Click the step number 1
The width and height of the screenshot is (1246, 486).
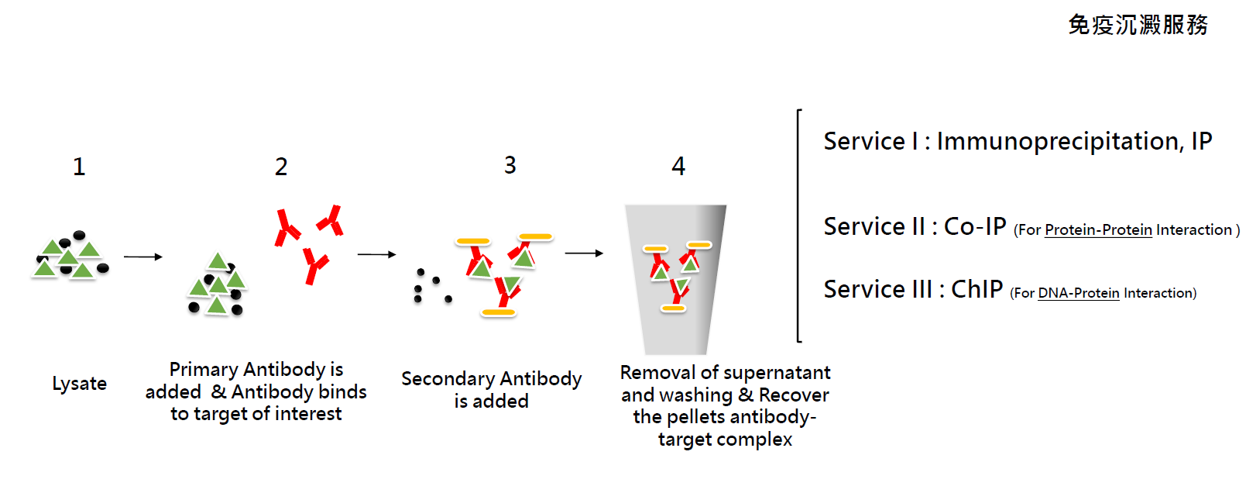pyautogui.click(x=79, y=167)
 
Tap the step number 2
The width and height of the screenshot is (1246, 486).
pyautogui.click(x=281, y=167)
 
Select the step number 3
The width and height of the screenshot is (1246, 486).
pyautogui.click(x=510, y=165)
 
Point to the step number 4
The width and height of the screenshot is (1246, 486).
pyautogui.click(x=678, y=166)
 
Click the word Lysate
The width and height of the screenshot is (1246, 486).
pyautogui.click(x=79, y=384)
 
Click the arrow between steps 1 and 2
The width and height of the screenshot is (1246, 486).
pyautogui.click(x=143, y=257)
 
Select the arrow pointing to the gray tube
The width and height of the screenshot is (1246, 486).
pyautogui.click(x=584, y=253)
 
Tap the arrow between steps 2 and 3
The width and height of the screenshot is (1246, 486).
pyautogui.click(x=376, y=254)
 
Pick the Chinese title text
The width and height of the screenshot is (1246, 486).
pyautogui.click(x=1138, y=26)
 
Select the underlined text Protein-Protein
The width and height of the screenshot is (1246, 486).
pyautogui.click(x=1099, y=230)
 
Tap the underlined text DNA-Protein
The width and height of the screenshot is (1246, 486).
pyautogui.click(x=1079, y=293)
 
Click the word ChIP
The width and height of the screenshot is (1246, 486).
pyautogui.click(x=977, y=289)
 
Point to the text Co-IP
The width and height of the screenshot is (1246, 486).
pyautogui.click(x=975, y=226)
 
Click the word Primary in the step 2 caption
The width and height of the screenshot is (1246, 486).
pyautogui.click(x=204, y=370)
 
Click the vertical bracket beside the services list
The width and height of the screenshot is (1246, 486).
pyautogui.click(x=798, y=226)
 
